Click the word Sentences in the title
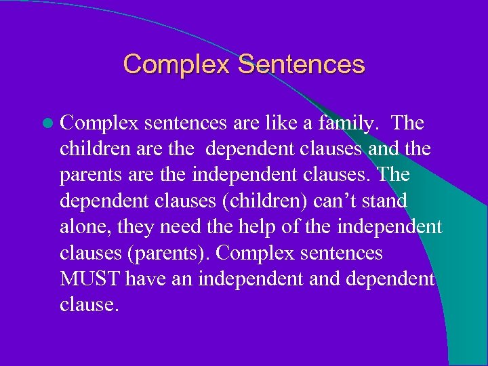tap(302, 64)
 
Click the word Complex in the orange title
tap(177, 64)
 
